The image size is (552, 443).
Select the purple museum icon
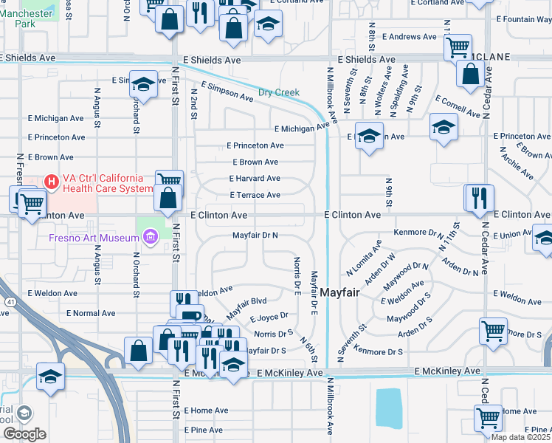click(x=151, y=237)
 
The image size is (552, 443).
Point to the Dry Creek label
click(x=279, y=92)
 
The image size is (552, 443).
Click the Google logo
click(x=24, y=434)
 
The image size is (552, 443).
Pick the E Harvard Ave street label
click(x=255, y=179)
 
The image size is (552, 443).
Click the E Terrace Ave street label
click(x=255, y=195)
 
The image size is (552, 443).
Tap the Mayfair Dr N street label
click(x=255, y=235)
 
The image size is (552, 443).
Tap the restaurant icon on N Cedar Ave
click(x=479, y=198)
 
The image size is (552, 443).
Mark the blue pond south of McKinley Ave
click(x=389, y=408)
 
